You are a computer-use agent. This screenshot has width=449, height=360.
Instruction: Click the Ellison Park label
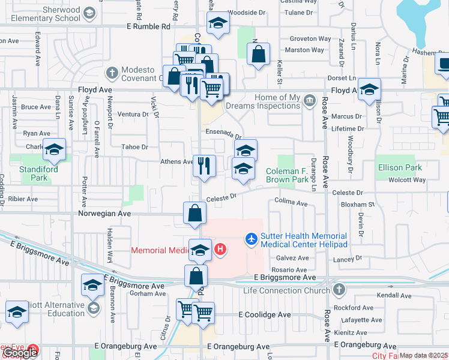coord(400,168)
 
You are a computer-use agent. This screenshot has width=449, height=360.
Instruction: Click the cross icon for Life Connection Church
coord(339,290)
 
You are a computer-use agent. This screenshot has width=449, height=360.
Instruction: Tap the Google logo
coord(20,353)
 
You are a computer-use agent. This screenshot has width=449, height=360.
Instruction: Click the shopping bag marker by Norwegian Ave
coord(195,212)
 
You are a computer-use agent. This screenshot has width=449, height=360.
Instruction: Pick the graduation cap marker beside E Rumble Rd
coord(218,24)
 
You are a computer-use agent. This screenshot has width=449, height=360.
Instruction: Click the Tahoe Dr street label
coord(134,146)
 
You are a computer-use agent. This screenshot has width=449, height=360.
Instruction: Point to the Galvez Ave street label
coord(292,258)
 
